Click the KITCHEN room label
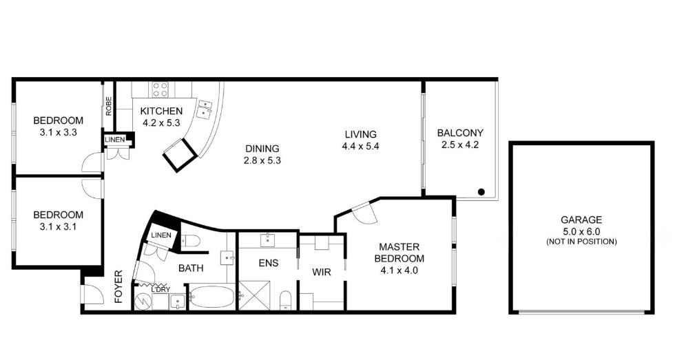161,111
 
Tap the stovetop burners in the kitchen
160,90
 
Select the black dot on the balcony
481,192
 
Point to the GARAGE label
581,220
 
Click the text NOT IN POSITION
581,242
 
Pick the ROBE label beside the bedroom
109,105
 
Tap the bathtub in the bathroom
212,297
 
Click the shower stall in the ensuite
254,295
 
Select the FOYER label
118,286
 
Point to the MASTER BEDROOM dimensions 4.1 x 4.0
399,271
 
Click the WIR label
322,272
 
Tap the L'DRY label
160,290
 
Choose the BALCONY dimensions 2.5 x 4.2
460,145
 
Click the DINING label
262,149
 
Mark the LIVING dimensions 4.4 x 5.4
360,146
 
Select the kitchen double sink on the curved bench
205,109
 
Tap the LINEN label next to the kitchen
115,140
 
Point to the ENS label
268,263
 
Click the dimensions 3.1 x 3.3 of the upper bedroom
58,132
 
